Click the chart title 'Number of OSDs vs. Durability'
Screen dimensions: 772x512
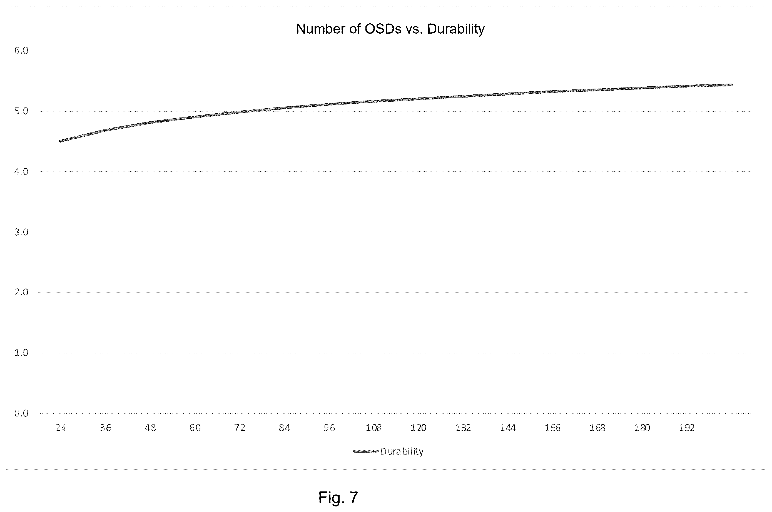(x=390, y=29)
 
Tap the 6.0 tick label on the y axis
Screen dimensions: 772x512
(x=21, y=50)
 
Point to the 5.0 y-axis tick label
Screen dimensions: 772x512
(x=21, y=111)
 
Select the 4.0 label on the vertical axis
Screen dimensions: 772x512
(x=21, y=171)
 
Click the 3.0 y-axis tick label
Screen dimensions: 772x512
(x=21, y=232)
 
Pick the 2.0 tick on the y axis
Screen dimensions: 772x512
(x=21, y=292)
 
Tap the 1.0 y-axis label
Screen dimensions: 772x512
(x=21, y=353)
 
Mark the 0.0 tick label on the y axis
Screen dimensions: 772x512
(x=21, y=413)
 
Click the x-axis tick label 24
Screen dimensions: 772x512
(x=61, y=428)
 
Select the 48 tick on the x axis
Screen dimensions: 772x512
(x=150, y=428)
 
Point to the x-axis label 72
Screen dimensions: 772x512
(x=240, y=428)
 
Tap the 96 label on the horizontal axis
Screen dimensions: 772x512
(x=329, y=428)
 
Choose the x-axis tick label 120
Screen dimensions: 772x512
(x=418, y=428)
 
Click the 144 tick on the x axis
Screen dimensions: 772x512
(x=508, y=428)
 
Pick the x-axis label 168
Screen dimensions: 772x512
(x=597, y=428)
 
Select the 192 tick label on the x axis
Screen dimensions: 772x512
(x=687, y=428)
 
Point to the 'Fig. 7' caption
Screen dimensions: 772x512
(x=338, y=497)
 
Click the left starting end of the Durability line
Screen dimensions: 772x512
(x=60, y=141)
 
